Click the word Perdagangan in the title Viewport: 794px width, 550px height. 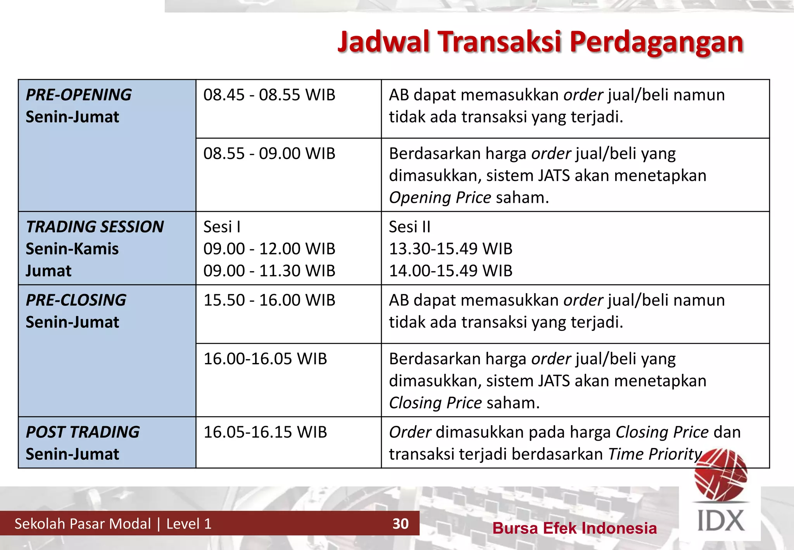click(x=656, y=42)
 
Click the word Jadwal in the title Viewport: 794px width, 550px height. click(x=383, y=42)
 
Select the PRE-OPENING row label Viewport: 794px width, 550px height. click(x=79, y=95)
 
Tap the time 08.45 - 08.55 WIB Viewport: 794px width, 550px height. click(x=269, y=95)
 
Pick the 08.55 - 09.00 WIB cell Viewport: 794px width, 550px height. click(x=269, y=154)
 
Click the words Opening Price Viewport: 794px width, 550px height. click(x=440, y=198)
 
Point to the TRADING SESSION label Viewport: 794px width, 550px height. click(x=95, y=227)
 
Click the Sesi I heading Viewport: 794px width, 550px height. click(x=222, y=227)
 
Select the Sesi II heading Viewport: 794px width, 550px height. click(x=409, y=227)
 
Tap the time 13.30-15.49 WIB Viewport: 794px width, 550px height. click(x=451, y=249)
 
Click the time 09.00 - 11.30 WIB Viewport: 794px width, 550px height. click(x=269, y=271)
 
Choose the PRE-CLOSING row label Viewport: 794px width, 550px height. click(x=76, y=300)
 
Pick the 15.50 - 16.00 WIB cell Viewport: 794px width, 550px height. click(x=269, y=300)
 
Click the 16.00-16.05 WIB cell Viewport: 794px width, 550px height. click(x=265, y=359)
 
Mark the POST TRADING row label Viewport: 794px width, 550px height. click(x=83, y=432)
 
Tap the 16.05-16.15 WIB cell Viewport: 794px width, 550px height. click(x=265, y=432)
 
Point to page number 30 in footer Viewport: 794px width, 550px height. click(x=400, y=524)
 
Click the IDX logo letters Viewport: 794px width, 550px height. click(x=721, y=521)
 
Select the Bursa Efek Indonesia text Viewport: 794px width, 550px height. click(x=575, y=528)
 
